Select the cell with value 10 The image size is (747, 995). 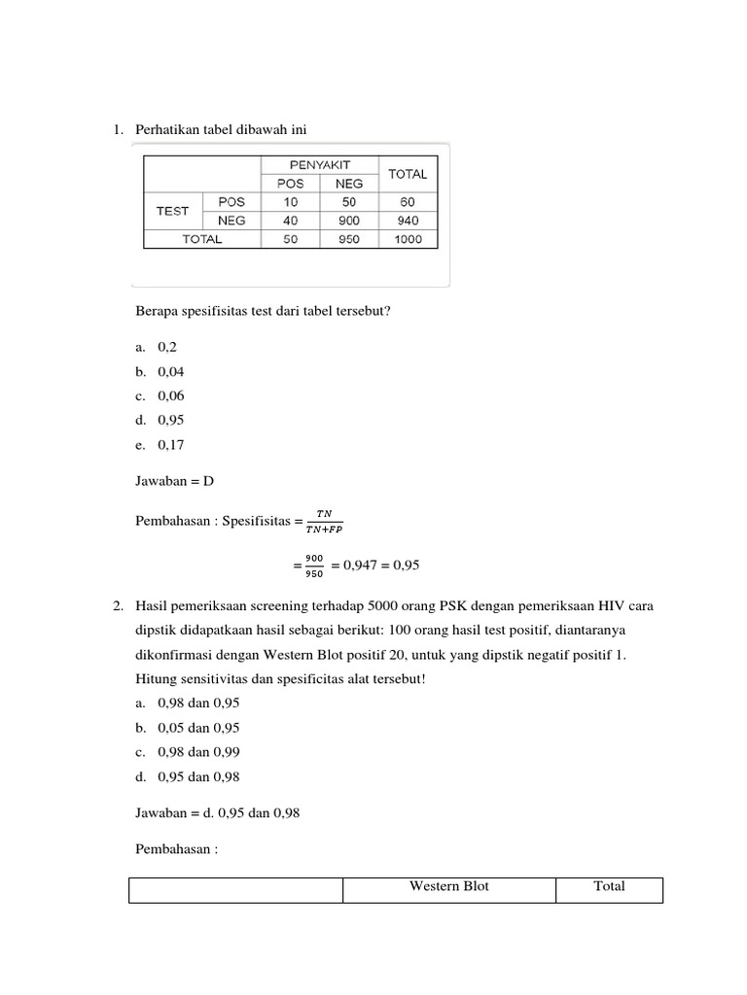(x=290, y=202)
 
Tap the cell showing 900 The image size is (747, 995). (x=348, y=221)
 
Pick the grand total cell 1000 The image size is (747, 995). (x=409, y=239)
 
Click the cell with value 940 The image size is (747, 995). (x=409, y=221)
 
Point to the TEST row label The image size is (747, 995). (x=173, y=211)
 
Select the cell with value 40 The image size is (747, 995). (x=290, y=221)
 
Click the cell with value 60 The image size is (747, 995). (x=409, y=202)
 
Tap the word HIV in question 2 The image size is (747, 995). (x=569, y=606)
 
